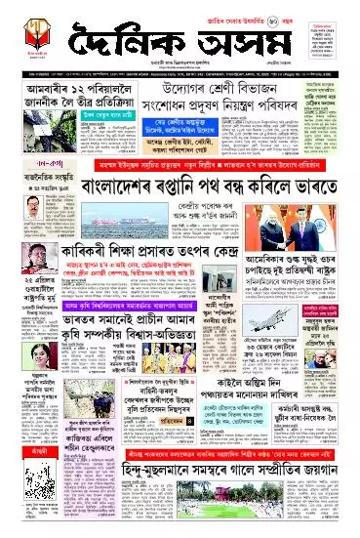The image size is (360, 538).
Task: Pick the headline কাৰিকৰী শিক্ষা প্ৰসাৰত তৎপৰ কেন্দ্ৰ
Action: tap(146, 248)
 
